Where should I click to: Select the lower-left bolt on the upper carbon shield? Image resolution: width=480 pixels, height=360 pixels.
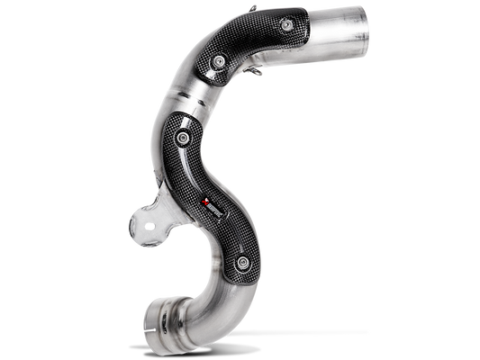pyautogui.click(x=219, y=58)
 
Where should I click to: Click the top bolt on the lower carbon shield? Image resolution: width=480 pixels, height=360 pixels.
pyautogui.click(x=185, y=137)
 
